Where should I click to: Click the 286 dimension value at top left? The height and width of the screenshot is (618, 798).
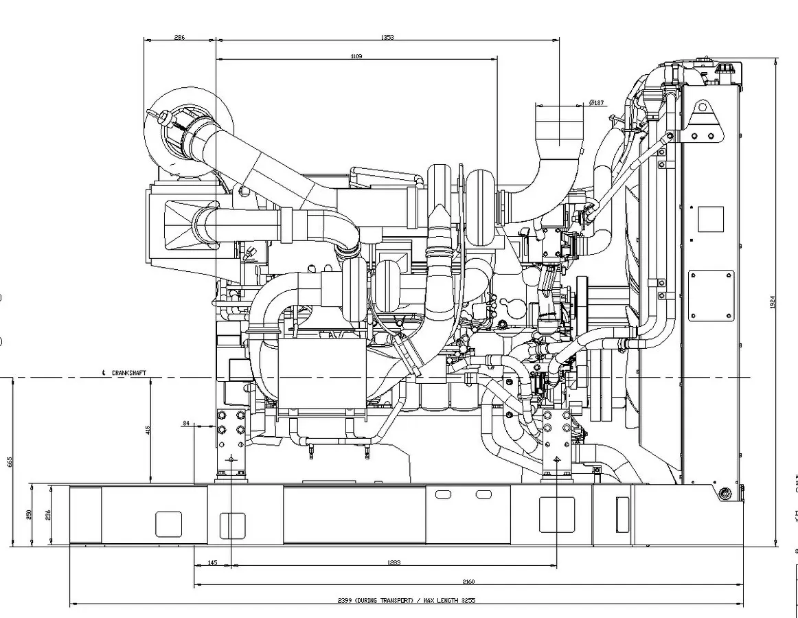click(x=179, y=37)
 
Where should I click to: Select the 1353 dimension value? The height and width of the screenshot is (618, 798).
click(x=387, y=37)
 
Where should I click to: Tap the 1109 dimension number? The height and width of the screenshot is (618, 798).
click(x=356, y=56)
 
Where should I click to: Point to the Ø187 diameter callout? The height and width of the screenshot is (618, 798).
click(x=597, y=103)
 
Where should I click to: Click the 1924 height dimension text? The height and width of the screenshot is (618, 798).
click(x=772, y=302)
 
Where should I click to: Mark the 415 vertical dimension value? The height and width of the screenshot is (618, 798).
click(x=148, y=431)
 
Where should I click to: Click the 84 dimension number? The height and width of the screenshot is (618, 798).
click(x=186, y=423)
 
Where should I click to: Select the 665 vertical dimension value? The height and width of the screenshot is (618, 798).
click(x=10, y=461)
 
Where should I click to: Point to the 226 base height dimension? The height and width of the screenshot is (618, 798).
click(x=48, y=515)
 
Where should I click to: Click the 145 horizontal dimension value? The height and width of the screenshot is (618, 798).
click(x=212, y=563)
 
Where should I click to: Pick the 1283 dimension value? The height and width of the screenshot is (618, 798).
click(x=394, y=563)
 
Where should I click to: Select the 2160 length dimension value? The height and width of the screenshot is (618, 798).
click(x=469, y=582)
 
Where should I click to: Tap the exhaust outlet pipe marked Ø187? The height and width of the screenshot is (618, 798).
click(x=559, y=127)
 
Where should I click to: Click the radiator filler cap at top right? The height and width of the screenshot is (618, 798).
click(x=727, y=70)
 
